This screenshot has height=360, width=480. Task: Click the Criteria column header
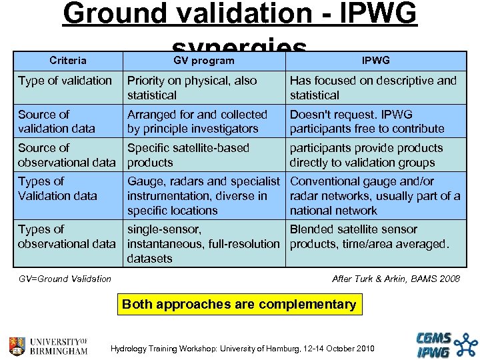point(67,61)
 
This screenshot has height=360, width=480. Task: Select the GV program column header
point(203,61)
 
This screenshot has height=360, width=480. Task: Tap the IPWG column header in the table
point(376,61)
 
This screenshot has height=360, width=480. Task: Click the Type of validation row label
point(65,81)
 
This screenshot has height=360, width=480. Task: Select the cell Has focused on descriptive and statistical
point(373,87)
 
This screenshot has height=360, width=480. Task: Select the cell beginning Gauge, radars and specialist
point(203,195)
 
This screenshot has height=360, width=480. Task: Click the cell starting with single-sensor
point(203,243)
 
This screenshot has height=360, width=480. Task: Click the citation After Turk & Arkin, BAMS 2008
point(396,279)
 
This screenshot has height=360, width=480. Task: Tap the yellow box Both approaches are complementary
point(239,305)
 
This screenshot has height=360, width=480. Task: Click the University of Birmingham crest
point(18,346)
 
